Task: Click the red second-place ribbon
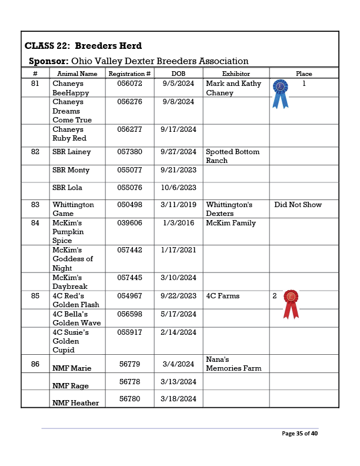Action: click(x=291, y=303)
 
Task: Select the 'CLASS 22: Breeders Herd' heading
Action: click(x=83, y=46)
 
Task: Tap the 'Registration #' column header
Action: click(x=129, y=74)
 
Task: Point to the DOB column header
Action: click(x=178, y=74)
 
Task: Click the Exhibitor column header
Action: click(x=236, y=74)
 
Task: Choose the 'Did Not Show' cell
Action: click(x=298, y=205)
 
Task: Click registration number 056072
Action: click(x=129, y=84)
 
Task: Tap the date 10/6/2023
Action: click(x=178, y=188)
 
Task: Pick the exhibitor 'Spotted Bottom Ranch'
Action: click(x=232, y=156)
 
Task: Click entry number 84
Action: click(x=35, y=223)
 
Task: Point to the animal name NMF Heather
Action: click(x=75, y=403)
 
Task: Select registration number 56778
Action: click(x=129, y=382)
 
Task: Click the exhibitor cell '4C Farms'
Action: click(x=223, y=296)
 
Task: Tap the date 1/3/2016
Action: click(x=178, y=223)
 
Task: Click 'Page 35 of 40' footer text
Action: click(x=299, y=434)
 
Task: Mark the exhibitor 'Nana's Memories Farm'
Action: click(x=234, y=364)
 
